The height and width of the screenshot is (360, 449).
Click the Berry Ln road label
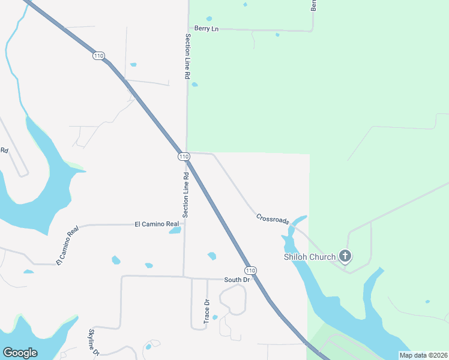[x=206, y=28]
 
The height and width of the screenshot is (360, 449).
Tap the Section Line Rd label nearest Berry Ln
[x=187, y=57]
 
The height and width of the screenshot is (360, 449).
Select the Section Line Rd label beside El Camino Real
[x=186, y=195]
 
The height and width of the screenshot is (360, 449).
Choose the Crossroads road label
[x=273, y=218]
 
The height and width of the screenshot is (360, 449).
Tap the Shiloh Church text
[x=310, y=257]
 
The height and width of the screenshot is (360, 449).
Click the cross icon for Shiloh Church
[x=345, y=257]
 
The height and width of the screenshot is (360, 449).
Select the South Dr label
[x=237, y=280]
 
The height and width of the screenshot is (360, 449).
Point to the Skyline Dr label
[x=94, y=343]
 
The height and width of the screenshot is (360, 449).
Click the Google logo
[x=20, y=353]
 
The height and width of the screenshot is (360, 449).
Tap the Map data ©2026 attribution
[x=423, y=355]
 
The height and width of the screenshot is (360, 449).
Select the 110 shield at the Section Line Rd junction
[x=184, y=156]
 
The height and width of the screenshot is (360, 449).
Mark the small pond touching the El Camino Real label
[x=175, y=230]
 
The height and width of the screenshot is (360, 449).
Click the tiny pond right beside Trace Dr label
[x=215, y=317]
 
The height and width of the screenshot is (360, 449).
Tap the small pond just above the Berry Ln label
[x=209, y=19]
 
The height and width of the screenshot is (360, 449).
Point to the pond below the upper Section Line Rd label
[x=194, y=85]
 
